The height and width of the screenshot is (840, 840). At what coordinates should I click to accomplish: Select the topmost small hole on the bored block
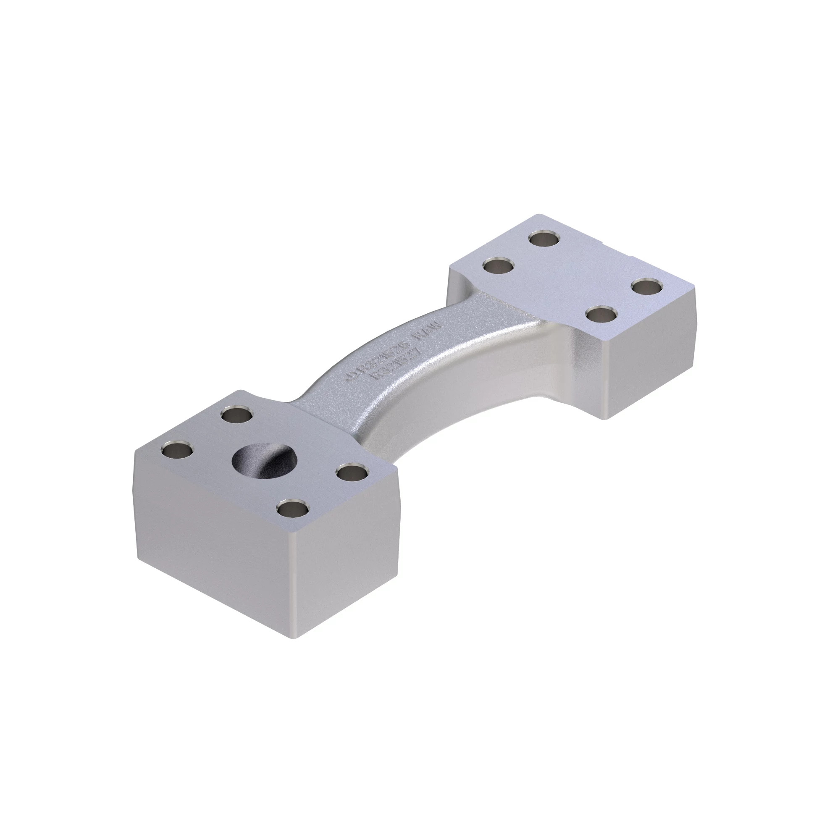(x=237, y=415)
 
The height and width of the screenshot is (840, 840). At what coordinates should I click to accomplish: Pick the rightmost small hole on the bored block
(x=352, y=472)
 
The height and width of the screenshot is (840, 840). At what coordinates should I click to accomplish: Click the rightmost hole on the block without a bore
(x=647, y=287)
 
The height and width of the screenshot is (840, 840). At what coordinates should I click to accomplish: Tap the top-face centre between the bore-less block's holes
(x=572, y=276)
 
